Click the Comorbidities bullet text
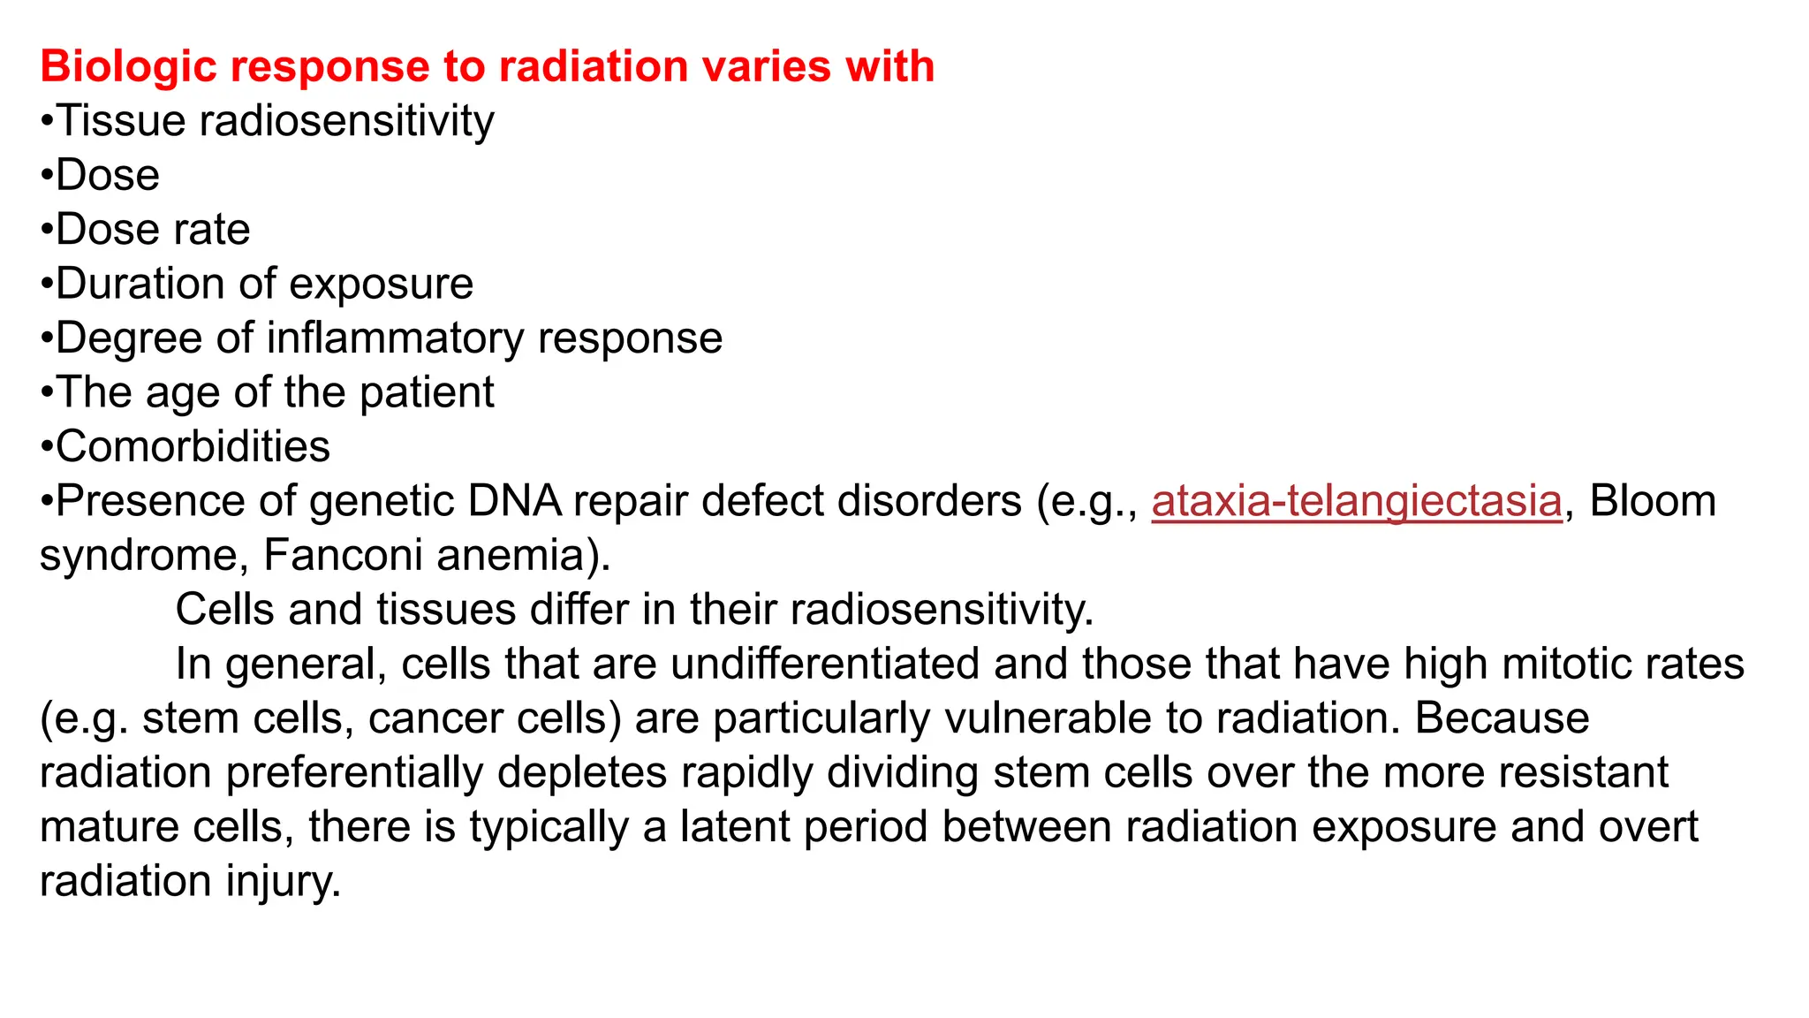(x=193, y=446)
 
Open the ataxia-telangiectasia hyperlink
(x=1357, y=501)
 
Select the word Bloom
(x=1653, y=501)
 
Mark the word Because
(x=1502, y=718)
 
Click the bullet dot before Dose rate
(x=47, y=231)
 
